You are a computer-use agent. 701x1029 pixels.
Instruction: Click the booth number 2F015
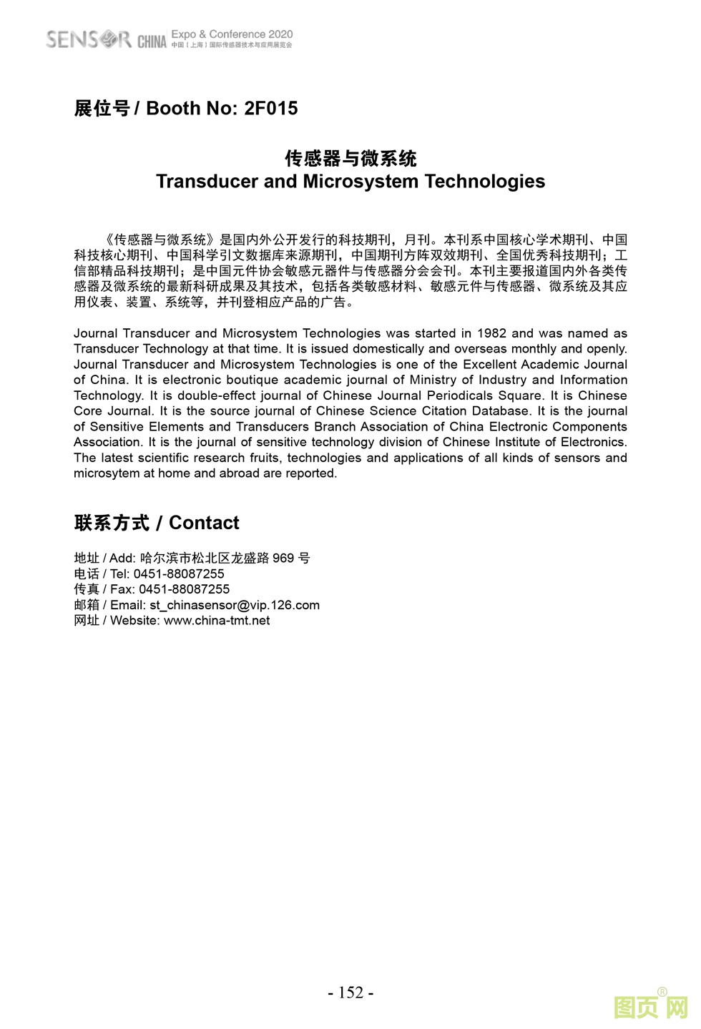(x=270, y=109)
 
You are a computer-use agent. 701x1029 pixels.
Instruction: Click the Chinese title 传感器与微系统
(x=350, y=158)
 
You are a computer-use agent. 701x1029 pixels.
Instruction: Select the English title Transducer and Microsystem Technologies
(x=350, y=182)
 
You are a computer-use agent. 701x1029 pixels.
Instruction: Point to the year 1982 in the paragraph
(x=491, y=333)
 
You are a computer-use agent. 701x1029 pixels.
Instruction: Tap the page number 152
(x=350, y=993)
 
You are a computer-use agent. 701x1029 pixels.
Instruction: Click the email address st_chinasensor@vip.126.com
(x=235, y=605)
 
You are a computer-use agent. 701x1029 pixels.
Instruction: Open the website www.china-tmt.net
(x=217, y=621)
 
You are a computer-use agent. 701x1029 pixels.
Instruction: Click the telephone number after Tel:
(x=179, y=574)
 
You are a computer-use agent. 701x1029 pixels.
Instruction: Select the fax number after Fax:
(x=184, y=589)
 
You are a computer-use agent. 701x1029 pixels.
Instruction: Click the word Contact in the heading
(x=204, y=523)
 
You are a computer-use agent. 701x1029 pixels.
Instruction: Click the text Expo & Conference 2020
(x=232, y=34)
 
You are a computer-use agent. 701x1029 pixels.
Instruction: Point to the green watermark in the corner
(x=650, y=1007)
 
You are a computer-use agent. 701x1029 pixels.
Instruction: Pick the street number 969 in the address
(x=283, y=558)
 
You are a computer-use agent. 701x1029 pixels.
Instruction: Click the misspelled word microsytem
(x=107, y=473)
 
